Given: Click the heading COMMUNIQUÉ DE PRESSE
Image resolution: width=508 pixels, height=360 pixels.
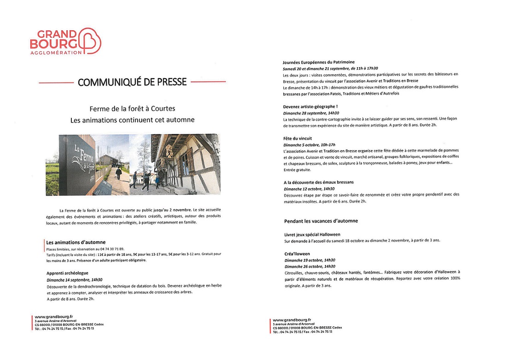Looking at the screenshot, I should [x=132, y=82].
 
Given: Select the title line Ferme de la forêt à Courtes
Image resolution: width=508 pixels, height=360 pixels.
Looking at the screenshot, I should [x=133, y=109].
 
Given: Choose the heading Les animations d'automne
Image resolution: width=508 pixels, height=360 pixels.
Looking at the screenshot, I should [x=76, y=242].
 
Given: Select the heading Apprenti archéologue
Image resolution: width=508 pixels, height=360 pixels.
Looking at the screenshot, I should [x=67, y=273].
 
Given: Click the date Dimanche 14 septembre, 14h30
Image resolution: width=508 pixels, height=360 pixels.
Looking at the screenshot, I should [x=75, y=279].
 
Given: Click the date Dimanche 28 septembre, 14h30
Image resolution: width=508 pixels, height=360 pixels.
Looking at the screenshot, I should [x=311, y=113].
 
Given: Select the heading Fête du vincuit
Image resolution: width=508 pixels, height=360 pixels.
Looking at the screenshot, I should [x=298, y=138].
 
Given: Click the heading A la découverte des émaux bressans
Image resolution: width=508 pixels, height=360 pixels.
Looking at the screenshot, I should [x=319, y=182].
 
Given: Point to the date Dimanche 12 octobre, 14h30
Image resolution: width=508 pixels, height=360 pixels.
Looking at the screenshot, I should [x=309, y=189].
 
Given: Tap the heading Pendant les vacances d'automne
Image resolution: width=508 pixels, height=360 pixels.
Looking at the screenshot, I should [x=321, y=221].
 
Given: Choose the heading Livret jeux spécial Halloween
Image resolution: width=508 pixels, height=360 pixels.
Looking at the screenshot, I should [x=312, y=234].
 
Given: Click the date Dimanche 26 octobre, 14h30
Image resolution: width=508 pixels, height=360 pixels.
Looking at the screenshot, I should [x=310, y=266].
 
